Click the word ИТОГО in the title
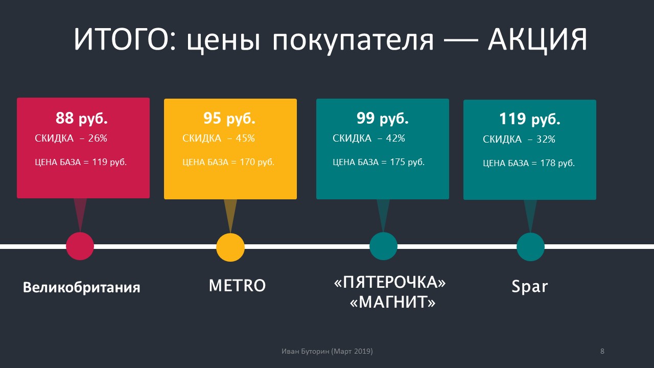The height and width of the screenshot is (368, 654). (124, 39)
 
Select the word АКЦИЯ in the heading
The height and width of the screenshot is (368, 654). (538, 39)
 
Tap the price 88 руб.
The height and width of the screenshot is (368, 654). (82, 119)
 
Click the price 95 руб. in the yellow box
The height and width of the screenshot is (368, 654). (229, 119)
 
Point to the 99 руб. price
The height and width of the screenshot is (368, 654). (383, 119)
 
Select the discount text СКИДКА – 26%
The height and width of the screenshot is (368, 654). (71, 139)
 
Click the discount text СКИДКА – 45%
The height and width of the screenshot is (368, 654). (219, 139)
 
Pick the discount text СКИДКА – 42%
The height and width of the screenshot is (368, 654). (369, 139)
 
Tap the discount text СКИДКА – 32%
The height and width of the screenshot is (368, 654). (519, 140)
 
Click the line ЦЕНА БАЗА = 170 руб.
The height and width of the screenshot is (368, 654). (228, 162)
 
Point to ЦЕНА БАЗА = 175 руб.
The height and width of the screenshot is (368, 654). (379, 162)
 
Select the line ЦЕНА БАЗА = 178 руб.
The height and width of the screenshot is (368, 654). (529, 163)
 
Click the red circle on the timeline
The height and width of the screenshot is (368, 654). (80, 246)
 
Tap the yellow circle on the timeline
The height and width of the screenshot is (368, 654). (230, 247)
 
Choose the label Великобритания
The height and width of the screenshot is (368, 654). (82, 287)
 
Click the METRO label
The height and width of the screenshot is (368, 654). (238, 286)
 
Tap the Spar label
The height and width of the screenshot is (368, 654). (530, 287)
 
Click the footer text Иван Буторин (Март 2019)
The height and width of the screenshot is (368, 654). (327, 352)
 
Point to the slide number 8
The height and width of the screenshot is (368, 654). (602, 351)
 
